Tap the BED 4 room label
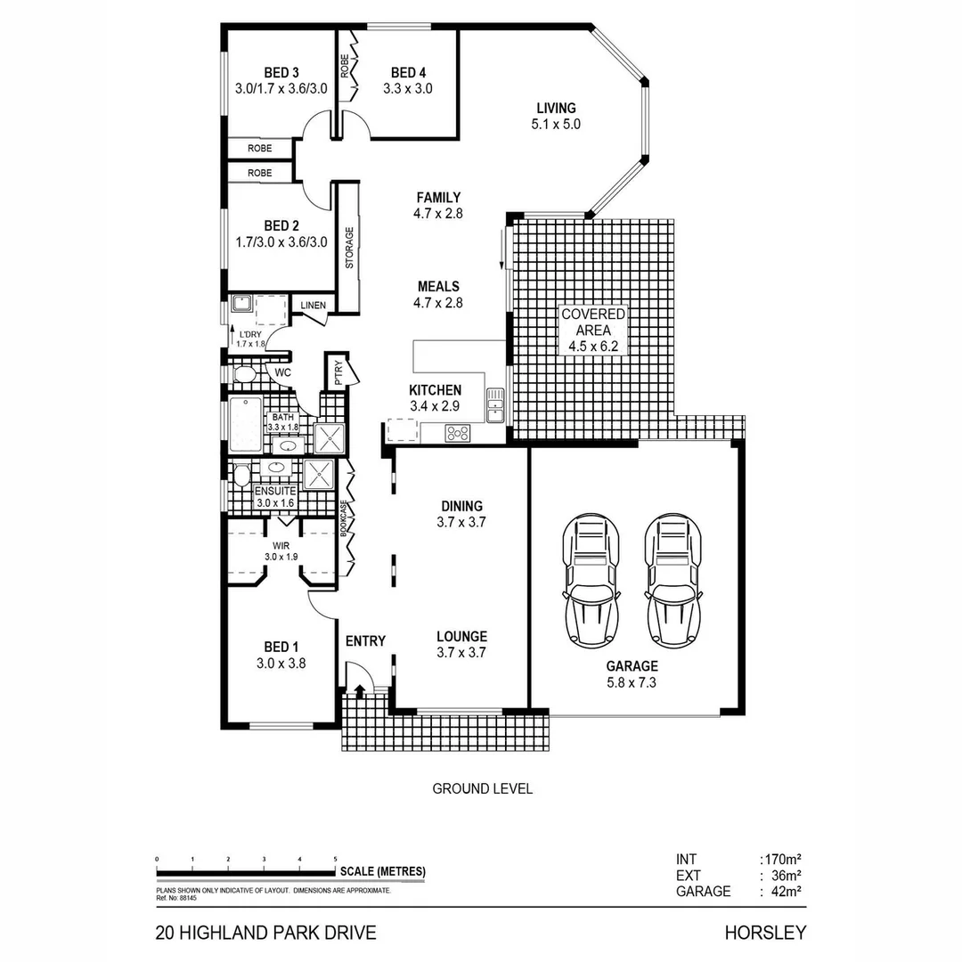tap(408, 72)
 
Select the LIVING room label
tap(555, 108)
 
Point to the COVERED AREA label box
tap(592, 330)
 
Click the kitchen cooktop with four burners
tap(458, 434)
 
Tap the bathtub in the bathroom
tap(244, 425)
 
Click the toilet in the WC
tap(243, 372)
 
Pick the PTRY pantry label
tap(338, 373)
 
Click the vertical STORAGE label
tap(349, 249)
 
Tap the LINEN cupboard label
tap(313, 306)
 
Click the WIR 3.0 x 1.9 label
tap(281, 550)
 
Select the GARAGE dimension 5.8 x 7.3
tap(632, 683)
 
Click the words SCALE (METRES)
tap(382, 871)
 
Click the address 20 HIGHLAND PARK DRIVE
tap(265, 933)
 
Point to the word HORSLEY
tap(764, 933)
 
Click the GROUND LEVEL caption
tap(482, 788)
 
